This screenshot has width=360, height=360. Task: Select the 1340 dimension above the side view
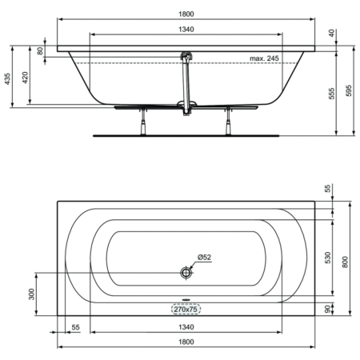click(x=186, y=30)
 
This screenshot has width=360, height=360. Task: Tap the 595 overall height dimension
click(x=349, y=92)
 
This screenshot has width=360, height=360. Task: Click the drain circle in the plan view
click(x=186, y=273)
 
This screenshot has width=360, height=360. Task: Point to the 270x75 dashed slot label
click(x=186, y=309)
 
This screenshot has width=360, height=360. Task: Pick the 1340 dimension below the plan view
click(x=186, y=326)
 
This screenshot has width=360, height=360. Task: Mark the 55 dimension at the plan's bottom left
click(x=76, y=326)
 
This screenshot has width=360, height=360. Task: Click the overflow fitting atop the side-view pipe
click(x=186, y=54)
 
